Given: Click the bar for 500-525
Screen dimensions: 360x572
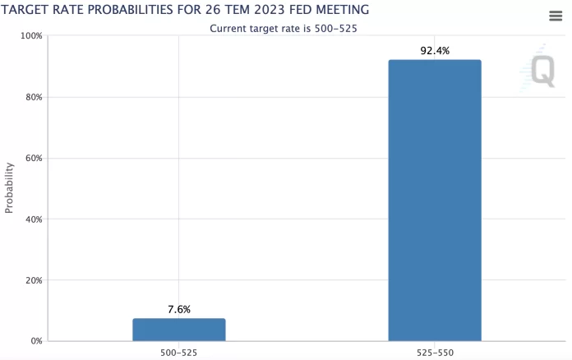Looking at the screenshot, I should pos(178,330).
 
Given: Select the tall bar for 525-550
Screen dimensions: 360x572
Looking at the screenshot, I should pos(435,200).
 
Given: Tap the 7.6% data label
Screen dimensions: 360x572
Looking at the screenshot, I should pos(178,310).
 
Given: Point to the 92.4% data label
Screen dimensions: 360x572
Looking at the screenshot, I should pos(435,51).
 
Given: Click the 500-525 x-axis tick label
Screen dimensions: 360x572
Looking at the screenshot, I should pos(178,352).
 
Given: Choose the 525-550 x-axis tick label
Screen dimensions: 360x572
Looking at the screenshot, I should pos(435,352).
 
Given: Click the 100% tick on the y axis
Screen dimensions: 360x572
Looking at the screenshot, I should pos(31,36).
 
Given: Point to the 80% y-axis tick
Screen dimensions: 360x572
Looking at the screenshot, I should pos(34,97).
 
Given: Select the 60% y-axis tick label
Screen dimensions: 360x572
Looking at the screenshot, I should pos(34,158).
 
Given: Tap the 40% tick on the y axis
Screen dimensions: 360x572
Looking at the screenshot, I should pos(34,219).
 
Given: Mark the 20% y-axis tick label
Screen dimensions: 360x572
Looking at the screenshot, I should pos(34,280).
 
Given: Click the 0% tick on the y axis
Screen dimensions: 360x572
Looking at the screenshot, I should pos(36,341).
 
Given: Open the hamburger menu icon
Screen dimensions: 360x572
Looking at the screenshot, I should pos(556,16).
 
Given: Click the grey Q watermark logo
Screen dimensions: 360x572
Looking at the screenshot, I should pos(542,70).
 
